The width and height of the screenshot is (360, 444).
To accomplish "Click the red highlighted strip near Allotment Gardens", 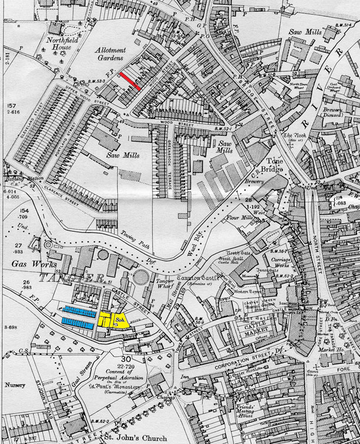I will pos(129,81).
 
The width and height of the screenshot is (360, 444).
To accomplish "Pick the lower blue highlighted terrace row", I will pos(78,322).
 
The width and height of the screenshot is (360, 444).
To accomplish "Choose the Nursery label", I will pos(13,382).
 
